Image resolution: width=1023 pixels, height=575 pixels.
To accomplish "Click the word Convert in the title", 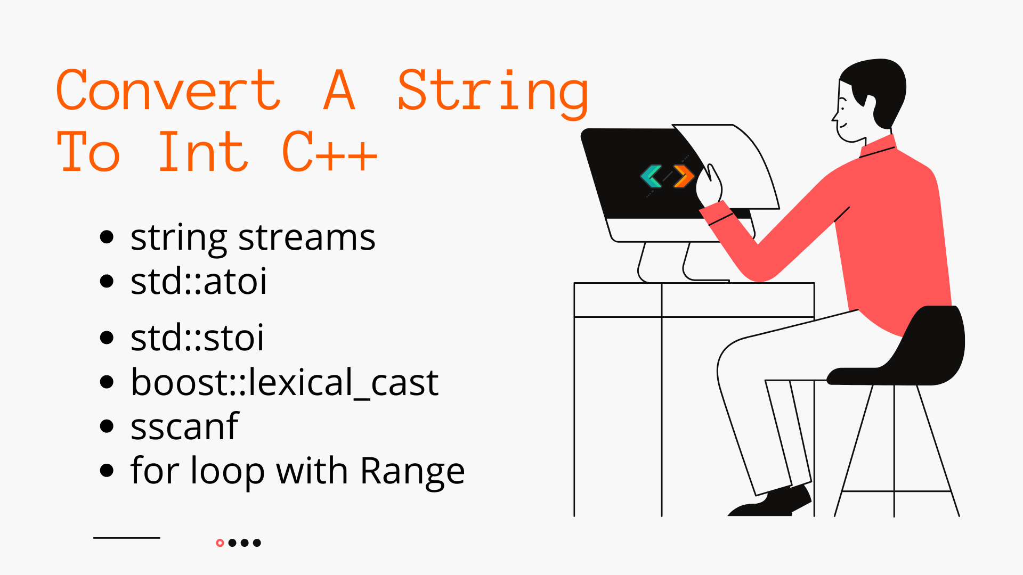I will pyautogui.click(x=168, y=91).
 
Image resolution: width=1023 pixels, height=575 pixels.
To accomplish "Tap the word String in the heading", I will pyautogui.click(x=493, y=92).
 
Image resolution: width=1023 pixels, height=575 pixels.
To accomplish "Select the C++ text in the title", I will pyautogui.click(x=329, y=153).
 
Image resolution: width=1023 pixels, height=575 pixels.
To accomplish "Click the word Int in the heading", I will pyautogui.click(x=203, y=153).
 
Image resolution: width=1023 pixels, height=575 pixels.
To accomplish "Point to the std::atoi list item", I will pyautogui.click(x=198, y=282).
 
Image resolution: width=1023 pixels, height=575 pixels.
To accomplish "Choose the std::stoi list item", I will pyautogui.click(x=197, y=338).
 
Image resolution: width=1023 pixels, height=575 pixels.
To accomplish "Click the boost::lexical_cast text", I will pyautogui.click(x=285, y=383).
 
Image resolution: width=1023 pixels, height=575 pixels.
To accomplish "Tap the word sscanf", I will pyautogui.click(x=184, y=427).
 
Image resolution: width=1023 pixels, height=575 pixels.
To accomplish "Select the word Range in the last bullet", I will pyautogui.click(x=412, y=472).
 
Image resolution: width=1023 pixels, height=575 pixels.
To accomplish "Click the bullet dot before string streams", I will pyautogui.click(x=107, y=237).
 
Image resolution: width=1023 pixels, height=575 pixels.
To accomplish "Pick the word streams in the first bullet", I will pyautogui.click(x=306, y=237).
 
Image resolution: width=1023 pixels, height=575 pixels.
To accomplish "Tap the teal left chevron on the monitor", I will pyautogui.click(x=651, y=176).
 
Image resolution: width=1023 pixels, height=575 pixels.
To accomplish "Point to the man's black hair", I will pyautogui.click(x=879, y=80).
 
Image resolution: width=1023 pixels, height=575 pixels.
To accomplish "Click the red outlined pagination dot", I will pyautogui.click(x=220, y=543).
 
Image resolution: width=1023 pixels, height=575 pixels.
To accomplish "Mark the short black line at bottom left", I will pyautogui.click(x=127, y=538).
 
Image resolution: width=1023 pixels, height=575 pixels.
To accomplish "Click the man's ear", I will pyautogui.click(x=870, y=103).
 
